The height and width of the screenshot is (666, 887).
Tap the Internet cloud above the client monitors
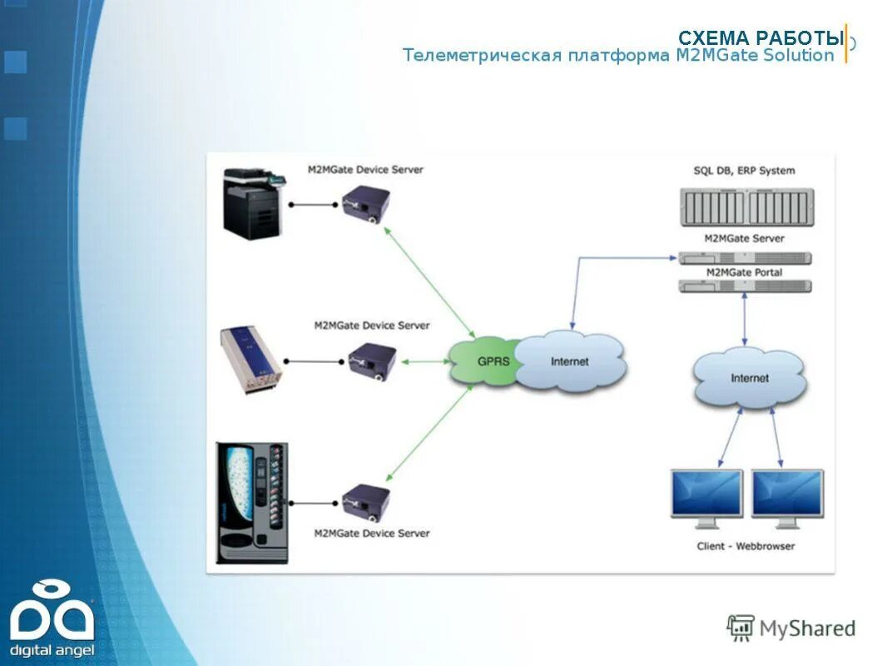750,378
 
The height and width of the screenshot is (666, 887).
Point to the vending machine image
251,502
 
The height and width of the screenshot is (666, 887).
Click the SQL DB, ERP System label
744,171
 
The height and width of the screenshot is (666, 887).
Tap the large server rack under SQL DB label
746,207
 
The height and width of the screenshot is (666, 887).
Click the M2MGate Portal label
744,272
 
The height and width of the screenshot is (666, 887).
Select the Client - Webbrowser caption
746,546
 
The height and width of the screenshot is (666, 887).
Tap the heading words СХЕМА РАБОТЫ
761,38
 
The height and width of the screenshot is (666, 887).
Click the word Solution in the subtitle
799,56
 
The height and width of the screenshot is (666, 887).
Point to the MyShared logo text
806,629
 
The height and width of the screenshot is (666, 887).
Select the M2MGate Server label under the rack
744,239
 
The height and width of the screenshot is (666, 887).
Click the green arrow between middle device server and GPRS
425,361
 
